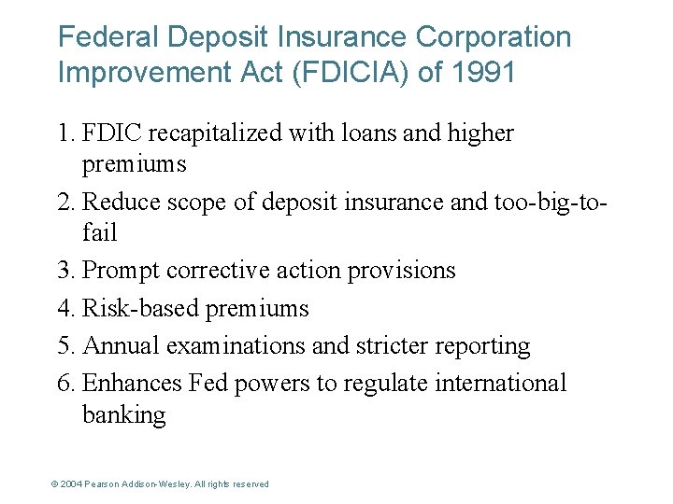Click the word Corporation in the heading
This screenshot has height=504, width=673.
(493, 37)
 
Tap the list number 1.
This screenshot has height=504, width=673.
(65, 133)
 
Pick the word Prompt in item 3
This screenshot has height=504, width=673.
(120, 271)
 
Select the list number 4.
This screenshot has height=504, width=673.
(65, 308)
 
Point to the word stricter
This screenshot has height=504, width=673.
(391, 345)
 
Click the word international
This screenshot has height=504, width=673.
(497, 383)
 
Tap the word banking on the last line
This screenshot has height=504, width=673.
(123, 414)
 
